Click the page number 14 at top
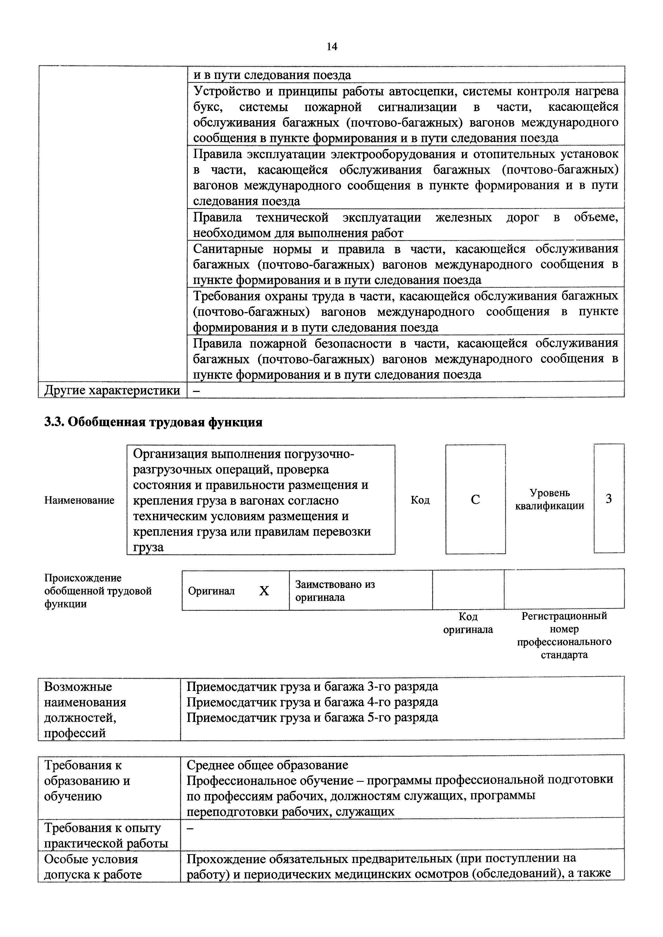point(332,46)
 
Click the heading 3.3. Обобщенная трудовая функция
point(153,422)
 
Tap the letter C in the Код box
point(475,499)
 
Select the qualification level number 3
point(609,499)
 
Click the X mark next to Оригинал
point(264,591)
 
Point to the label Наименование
point(79,500)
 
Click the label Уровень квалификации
point(549,499)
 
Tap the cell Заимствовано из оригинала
point(335,591)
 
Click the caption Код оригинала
point(468,623)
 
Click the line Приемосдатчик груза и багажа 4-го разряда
point(312,702)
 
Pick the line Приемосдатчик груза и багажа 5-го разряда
point(312,717)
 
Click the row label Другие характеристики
point(112,390)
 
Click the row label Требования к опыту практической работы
point(106,835)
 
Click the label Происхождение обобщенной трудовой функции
point(98,591)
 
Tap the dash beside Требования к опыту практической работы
point(190,828)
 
